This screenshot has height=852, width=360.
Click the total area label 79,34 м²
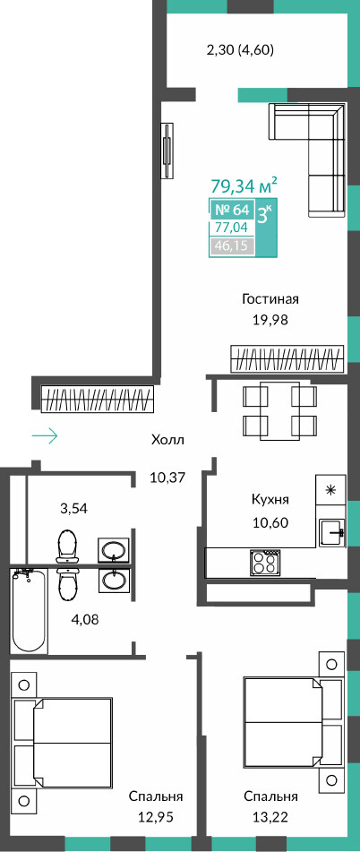244,185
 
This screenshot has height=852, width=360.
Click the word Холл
167,440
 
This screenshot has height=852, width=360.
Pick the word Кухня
270,499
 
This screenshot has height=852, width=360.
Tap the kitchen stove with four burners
263,563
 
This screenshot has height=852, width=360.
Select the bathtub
30,611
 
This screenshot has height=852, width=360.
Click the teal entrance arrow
45,435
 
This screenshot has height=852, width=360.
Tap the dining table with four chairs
279,411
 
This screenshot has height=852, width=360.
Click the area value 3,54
73,509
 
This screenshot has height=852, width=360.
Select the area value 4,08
87,618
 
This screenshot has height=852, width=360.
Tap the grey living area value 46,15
230,246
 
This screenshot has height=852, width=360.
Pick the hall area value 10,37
167,478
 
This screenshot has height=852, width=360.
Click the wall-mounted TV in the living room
168,151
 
